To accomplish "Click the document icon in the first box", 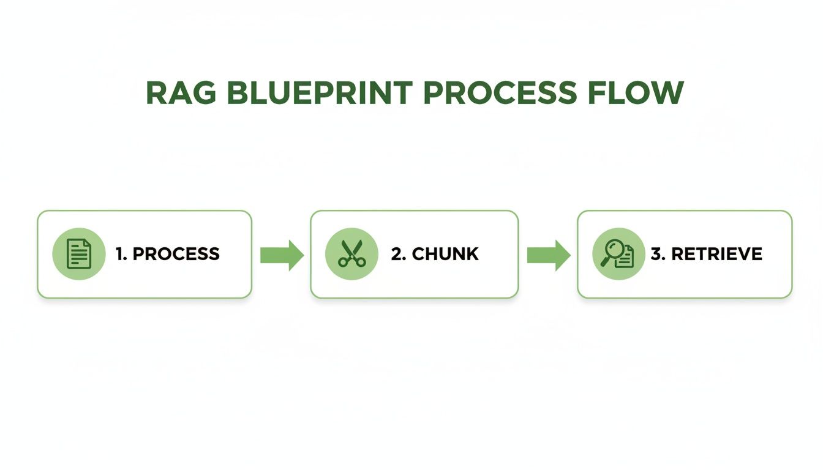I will click(x=78, y=254).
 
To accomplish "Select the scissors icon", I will click(x=351, y=254).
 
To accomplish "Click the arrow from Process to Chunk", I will click(x=281, y=255).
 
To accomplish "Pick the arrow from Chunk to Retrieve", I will click(x=548, y=255).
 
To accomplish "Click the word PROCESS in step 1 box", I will click(x=176, y=254).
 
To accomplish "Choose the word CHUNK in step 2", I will click(x=445, y=254).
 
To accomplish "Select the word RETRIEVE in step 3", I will click(x=716, y=254).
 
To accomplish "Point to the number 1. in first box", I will click(x=121, y=254).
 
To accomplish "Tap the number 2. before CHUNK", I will click(x=398, y=254).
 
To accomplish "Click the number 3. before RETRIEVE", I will click(x=658, y=254).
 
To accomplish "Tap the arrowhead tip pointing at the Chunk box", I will click(x=302, y=255).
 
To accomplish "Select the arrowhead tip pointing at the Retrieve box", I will click(x=569, y=255).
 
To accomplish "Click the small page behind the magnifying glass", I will click(x=625, y=259).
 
